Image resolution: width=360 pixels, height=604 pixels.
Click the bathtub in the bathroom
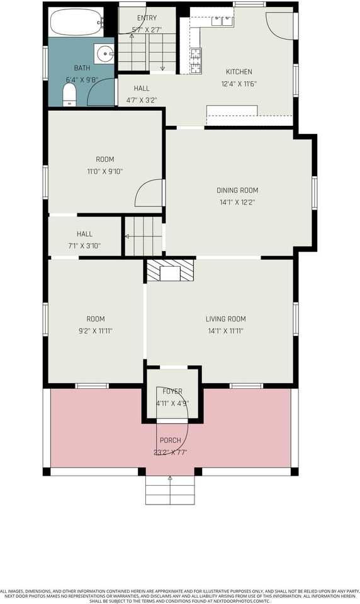click(x=76, y=23)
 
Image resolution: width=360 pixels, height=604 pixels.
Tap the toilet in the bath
click(x=70, y=95)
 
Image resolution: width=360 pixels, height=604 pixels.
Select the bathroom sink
click(x=104, y=52)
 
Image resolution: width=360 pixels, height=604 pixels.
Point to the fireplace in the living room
click(x=170, y=271)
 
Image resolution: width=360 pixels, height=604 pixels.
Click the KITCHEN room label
click(x=239, y=72)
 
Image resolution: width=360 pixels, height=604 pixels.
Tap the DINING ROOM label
click(x=237, y=191)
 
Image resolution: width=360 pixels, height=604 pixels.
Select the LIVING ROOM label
click(x=225, y=319)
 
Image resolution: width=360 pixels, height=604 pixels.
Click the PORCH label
click(x=170, y=440)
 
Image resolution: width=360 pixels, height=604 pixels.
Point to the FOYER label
click(x=172, y=391)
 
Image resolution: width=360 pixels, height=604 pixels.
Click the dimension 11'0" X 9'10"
click(x=104, y=171)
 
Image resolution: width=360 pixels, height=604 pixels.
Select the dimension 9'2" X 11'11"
click(x=96, y=331)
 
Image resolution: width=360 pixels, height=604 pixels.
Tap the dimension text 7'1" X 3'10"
click(x=84, y=246)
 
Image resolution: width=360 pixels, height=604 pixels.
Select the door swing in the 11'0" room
click(x=150, y=193)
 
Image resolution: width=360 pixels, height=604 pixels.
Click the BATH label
click(x=82, y=68)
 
